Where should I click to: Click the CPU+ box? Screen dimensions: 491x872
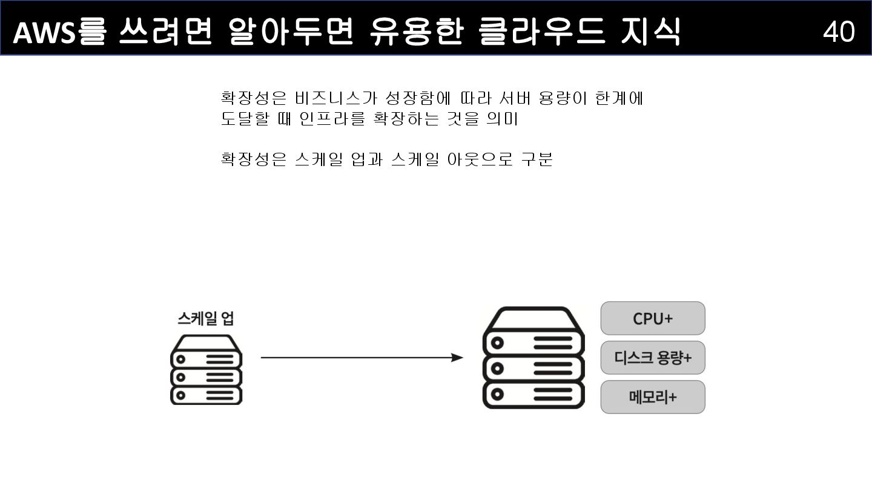point(653,318)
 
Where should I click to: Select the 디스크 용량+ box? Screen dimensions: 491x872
point(653,358)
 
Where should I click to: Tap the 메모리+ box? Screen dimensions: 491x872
point(653,397)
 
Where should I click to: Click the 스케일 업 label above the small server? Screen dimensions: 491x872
point(206,318)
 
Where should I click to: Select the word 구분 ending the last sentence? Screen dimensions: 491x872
point(537,159)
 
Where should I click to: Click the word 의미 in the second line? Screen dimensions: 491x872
point(502,119)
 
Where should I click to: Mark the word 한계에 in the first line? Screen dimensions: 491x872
point(619,98)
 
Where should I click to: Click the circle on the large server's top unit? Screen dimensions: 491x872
point(497,342)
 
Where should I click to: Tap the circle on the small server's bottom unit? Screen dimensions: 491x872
point(180,396)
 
